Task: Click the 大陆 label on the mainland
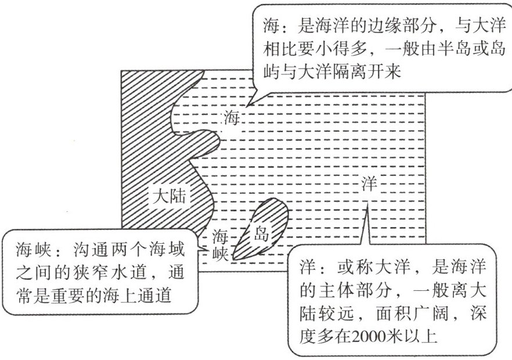(x=169, y=196)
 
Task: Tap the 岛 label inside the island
(x=261, y=233)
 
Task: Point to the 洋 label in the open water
(x=369, y=183)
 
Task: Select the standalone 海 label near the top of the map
(x=232, y=118)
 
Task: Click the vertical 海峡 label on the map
(x=220, y=244)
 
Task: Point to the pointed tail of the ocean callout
(x=367, y=205)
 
